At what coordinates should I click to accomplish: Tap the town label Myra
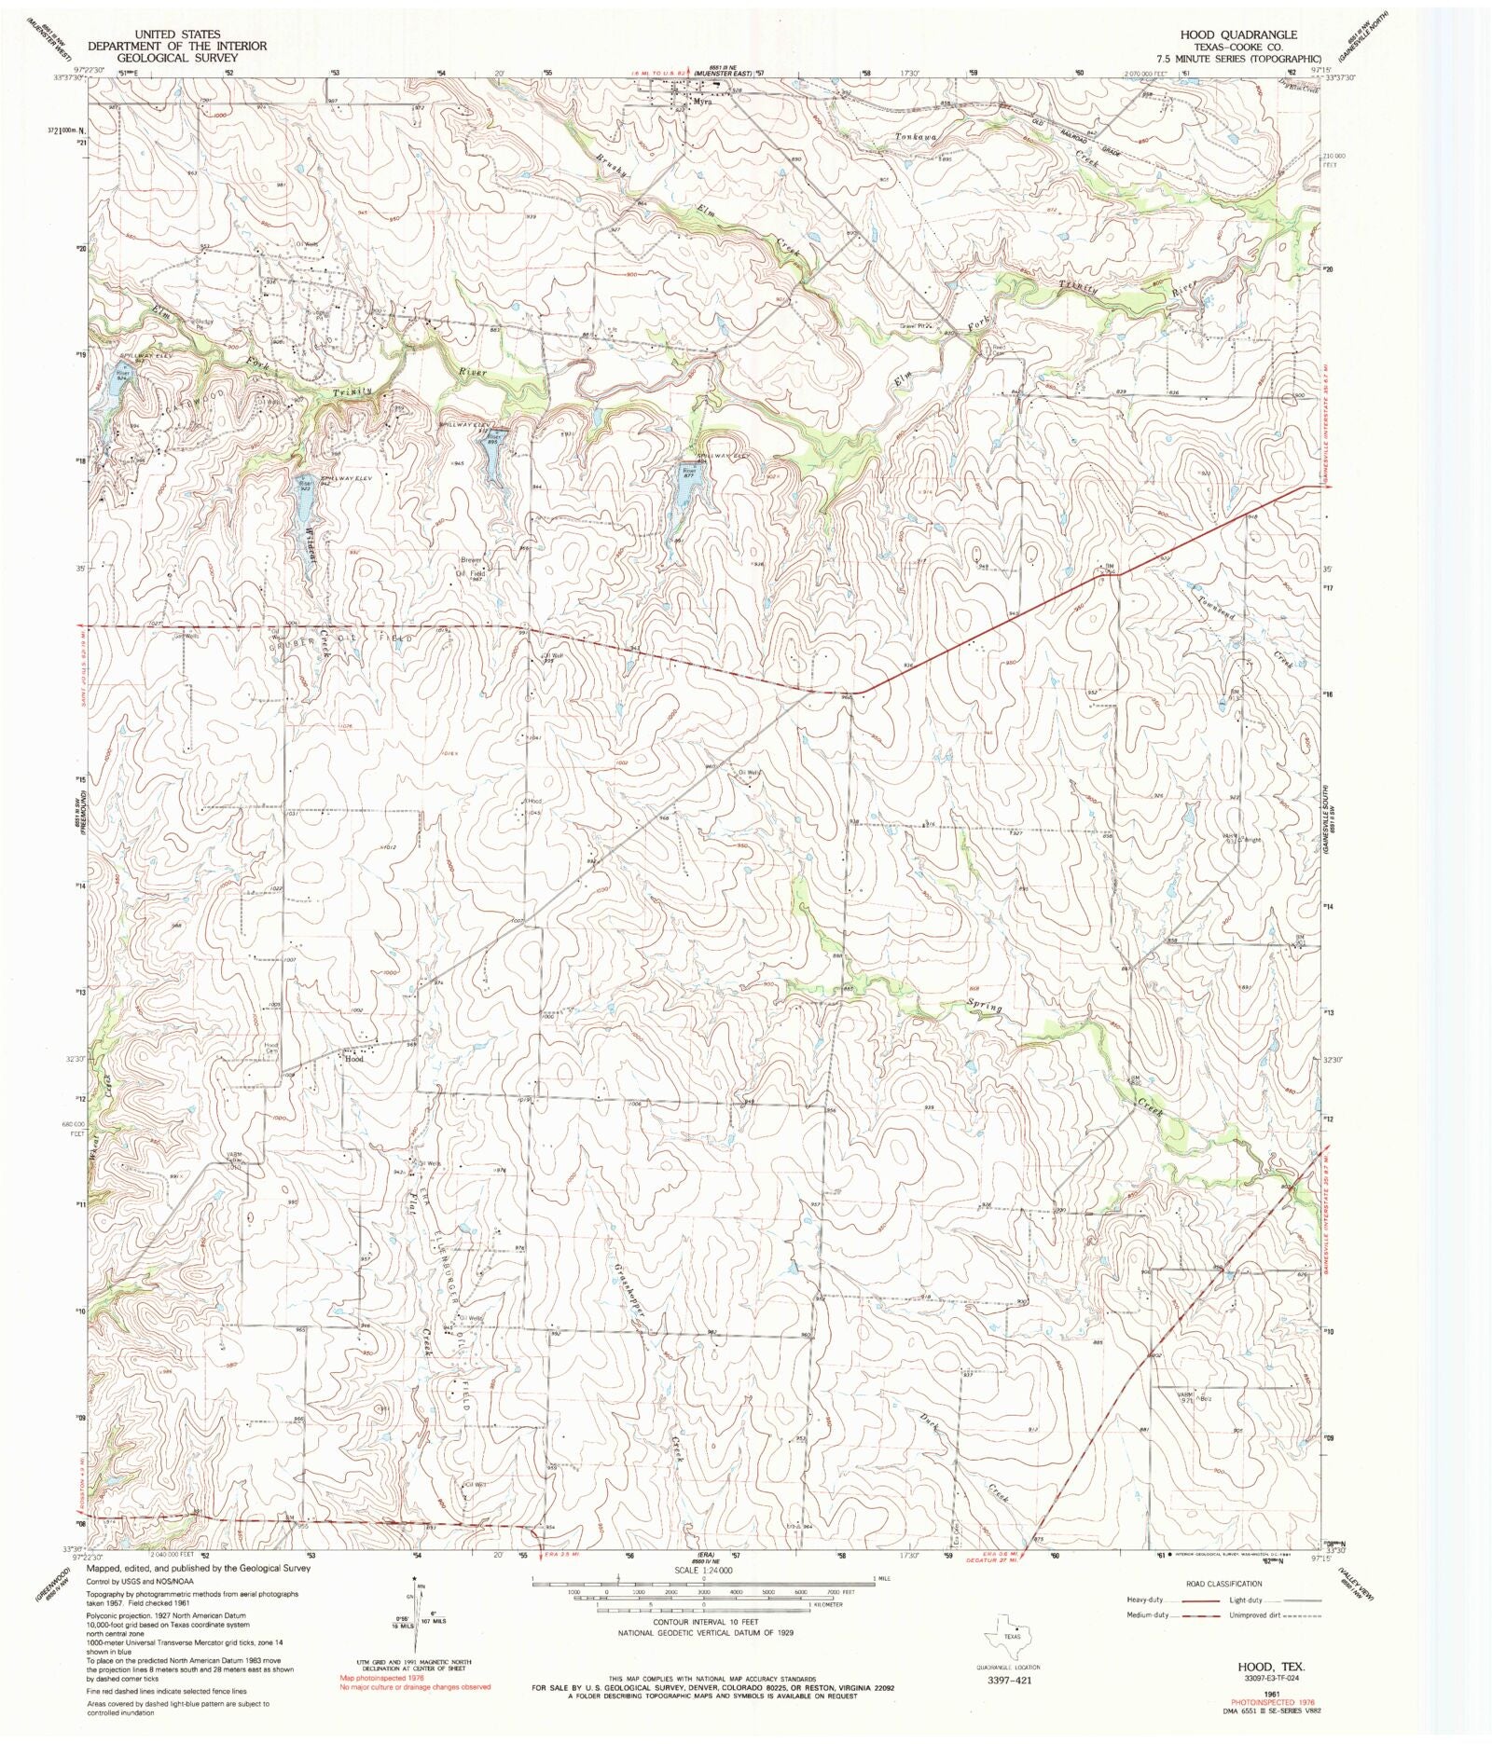click(x=701, y=103)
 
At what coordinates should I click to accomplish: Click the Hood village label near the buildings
click(x=354, y=1059)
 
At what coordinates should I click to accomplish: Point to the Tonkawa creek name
click(x=915, y=137)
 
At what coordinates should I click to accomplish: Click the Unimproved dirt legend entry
click(x=1260, y=1615)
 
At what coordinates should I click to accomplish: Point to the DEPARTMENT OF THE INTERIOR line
click(x=177, y=46)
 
